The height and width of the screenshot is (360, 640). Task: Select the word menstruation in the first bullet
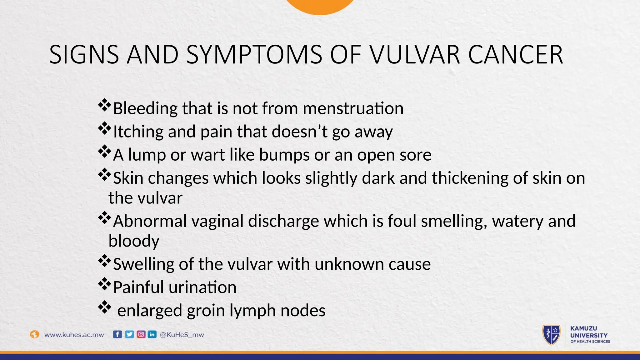pos(353,108)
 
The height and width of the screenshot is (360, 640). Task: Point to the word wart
pos(208,155)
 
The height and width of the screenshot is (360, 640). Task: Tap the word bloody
pos(134,241)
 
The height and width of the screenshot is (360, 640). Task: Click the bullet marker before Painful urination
pos(104,284)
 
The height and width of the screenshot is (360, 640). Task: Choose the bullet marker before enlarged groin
pos(104,307)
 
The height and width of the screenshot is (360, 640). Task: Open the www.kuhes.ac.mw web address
pos(74,335)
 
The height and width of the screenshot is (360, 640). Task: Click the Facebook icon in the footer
pos(117,334)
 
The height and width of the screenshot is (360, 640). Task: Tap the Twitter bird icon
pos(129,334)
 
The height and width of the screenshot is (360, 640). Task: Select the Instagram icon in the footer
pos(141,334)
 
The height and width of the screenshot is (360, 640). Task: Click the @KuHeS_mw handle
pos(182,335)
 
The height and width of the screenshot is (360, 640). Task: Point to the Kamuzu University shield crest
pos(551,335)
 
